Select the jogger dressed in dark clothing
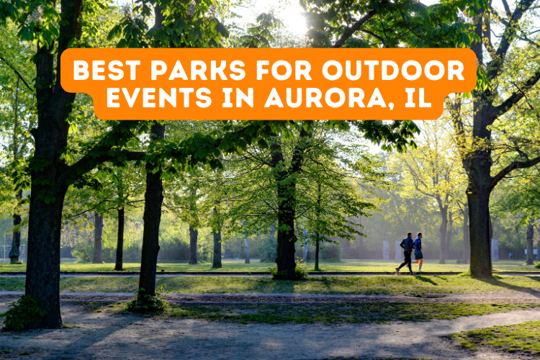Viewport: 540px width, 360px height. [x=408, y=252]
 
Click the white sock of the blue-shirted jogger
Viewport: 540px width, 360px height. [x=420, y=267]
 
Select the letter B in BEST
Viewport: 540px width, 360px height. [x=81, y=71]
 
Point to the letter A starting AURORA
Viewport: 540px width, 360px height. [x=274, y=98]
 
